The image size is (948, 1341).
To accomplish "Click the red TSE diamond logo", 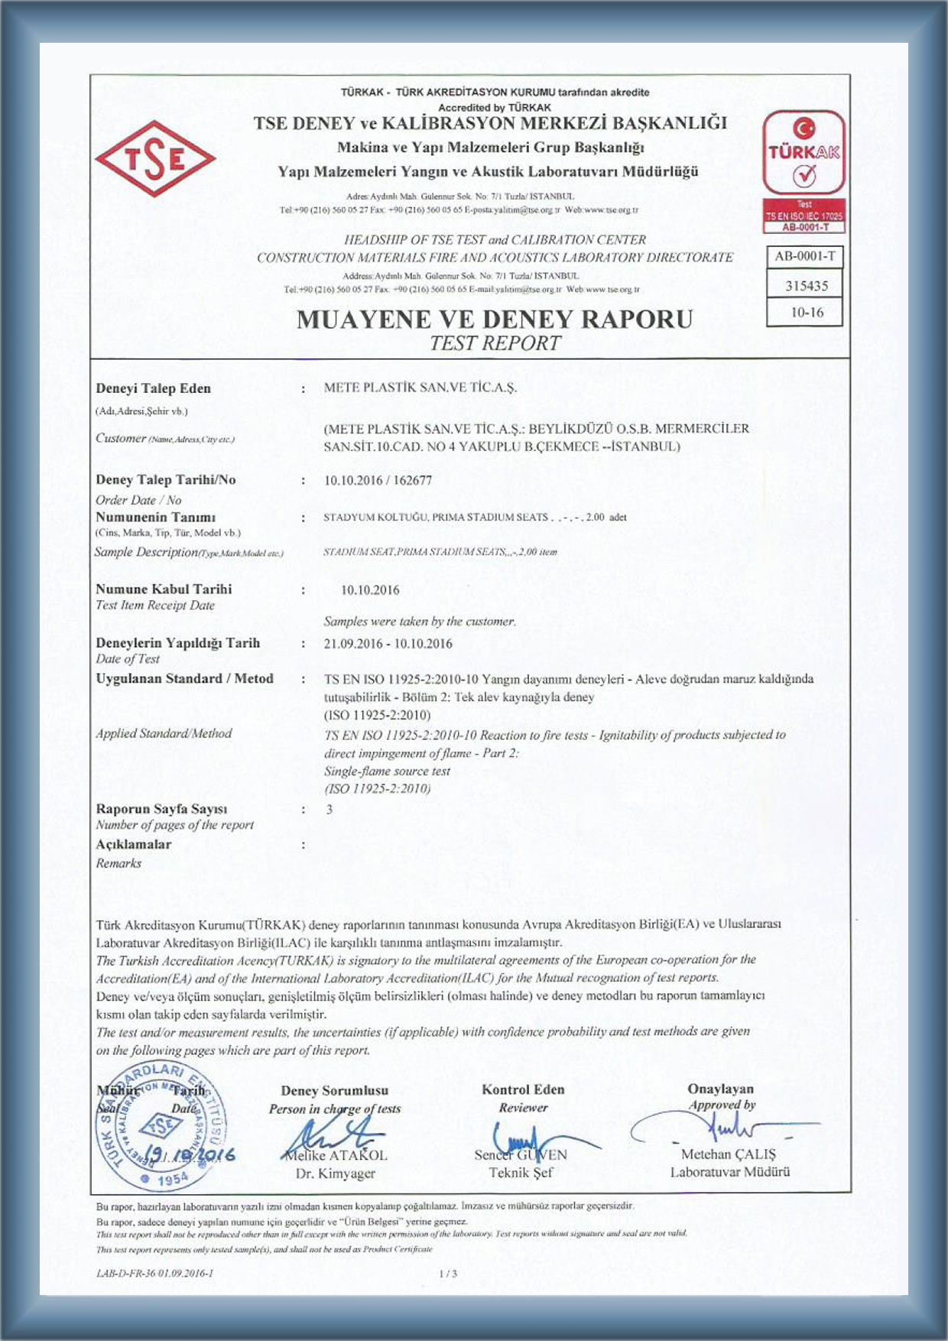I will click(x=155, y=159).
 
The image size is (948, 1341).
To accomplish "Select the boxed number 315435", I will click(x=807, y=286).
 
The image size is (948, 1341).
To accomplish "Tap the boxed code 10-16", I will click(x=807, y=313).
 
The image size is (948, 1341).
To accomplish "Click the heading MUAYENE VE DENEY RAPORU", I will click(x=495, y=319).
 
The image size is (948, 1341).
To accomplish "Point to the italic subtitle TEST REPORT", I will click(x=495, y=343).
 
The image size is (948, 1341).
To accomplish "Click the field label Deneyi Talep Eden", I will click(x=153, y=388).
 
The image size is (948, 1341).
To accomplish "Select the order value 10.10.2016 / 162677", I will click(x=378, y=481).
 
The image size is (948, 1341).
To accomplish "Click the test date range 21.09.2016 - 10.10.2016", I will click(x=388, y=644).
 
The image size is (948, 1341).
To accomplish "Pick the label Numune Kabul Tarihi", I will click(x=164, y=589).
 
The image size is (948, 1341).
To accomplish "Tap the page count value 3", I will click(x=330, y=810).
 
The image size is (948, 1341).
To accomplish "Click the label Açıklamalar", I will click(x=133, y=845).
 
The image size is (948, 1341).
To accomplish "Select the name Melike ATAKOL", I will click(x=334, y=1155).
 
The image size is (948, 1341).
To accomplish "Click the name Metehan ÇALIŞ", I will click(x=728, y=1154).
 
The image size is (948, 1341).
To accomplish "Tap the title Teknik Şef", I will click(x=521, y=1173).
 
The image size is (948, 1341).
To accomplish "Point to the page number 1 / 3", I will click(x=448, y=1274).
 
